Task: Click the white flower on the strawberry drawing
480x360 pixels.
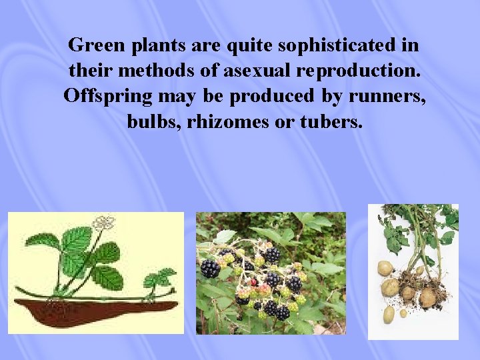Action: [103, 223]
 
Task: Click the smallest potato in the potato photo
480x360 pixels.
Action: [403, 313]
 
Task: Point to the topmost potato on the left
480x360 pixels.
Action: [385, 268]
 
